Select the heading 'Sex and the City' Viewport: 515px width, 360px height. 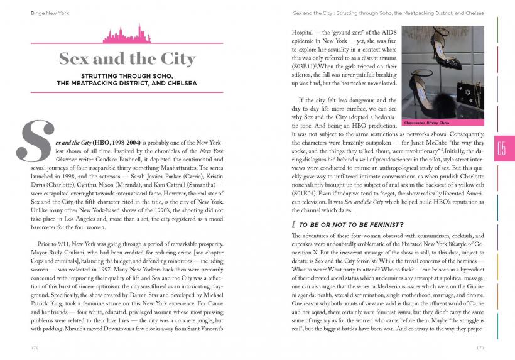point(127,59)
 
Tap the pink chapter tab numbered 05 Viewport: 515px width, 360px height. point(504,148)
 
